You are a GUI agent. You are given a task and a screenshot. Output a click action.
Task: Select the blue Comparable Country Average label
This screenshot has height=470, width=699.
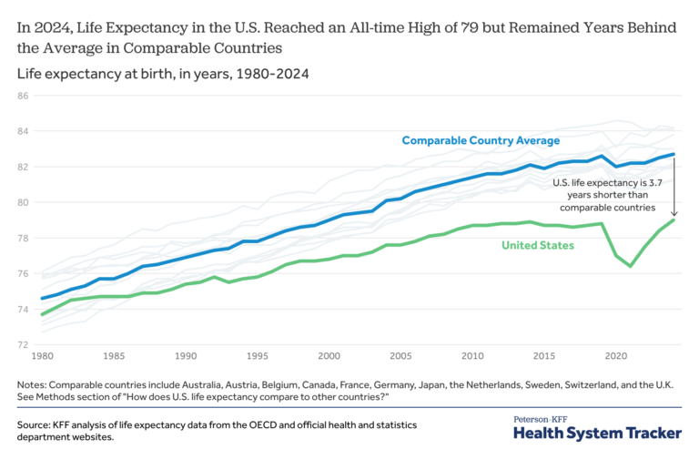[x=481, y=140]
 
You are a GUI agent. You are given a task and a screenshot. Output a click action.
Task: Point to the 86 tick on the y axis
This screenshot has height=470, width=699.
[x=24, y=96]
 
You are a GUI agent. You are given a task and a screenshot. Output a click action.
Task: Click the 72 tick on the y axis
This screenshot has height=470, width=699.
[x=24, y=344]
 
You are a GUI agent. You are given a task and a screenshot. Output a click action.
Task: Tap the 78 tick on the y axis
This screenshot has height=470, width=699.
[x=24, y=238]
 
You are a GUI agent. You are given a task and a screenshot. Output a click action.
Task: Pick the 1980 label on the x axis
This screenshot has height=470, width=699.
[x=42, y=356]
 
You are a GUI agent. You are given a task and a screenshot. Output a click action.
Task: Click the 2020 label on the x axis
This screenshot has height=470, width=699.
[x=616, y=356]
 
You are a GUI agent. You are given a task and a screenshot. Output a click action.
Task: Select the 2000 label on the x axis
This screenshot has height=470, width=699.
[x=329, y=356]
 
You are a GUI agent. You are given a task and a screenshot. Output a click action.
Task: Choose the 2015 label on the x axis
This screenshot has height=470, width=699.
[x=544, y=356]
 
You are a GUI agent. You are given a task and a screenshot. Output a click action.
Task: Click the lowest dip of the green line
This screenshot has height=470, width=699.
[x=631, y=266]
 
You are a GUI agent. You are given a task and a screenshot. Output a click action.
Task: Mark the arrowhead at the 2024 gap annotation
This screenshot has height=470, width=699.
[x=674, y=215]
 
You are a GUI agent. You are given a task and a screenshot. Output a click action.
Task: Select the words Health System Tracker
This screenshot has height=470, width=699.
[x=597, y=434]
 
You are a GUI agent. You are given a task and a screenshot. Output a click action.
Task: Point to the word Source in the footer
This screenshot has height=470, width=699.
[x=35, y=425]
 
